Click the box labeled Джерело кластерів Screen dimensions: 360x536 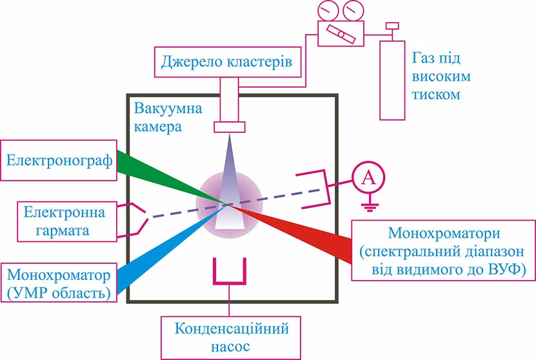229,63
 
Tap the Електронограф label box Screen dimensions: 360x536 59,158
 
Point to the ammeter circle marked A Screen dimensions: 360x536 368,179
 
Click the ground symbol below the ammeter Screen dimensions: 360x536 368,207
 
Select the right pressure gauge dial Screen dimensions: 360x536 353,10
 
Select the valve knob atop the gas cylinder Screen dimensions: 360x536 390,27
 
